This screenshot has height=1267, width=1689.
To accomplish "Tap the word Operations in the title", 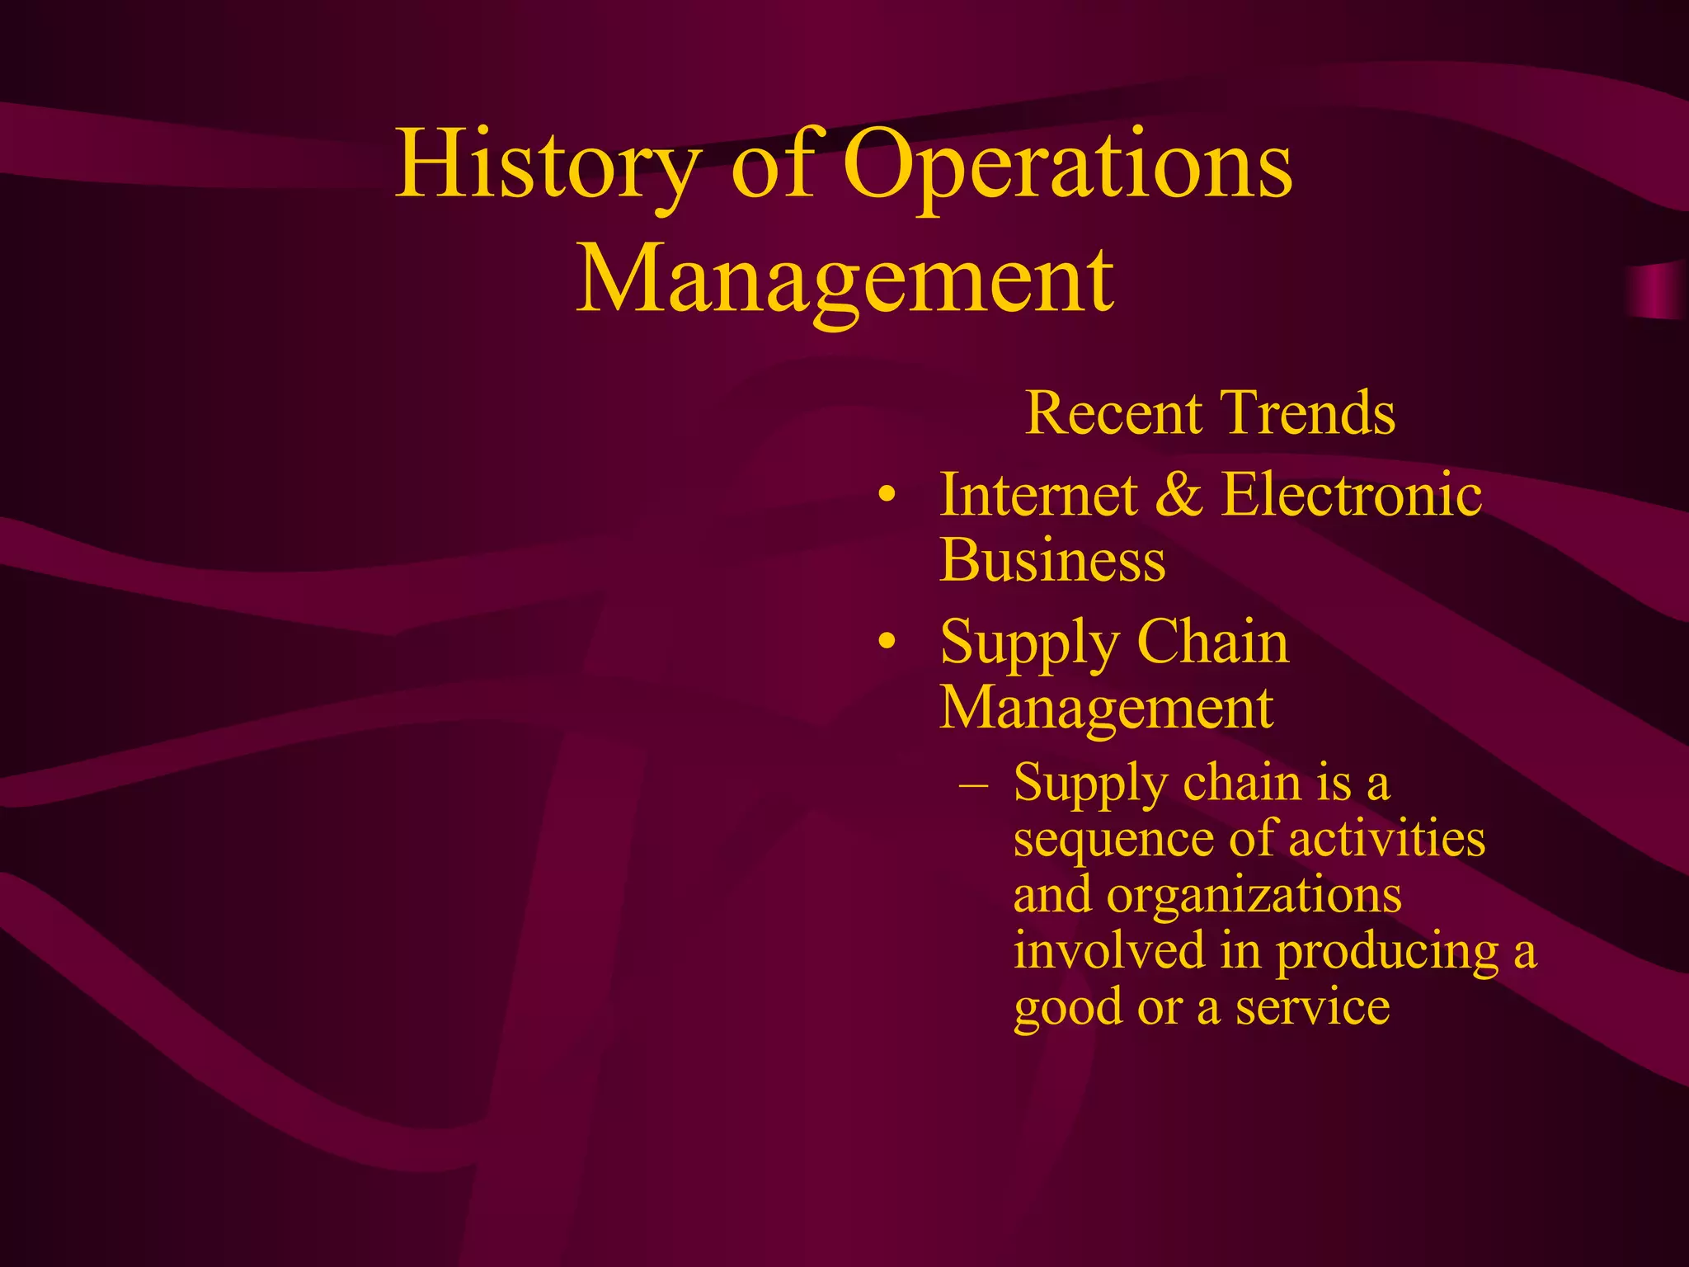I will tap(1067, 165).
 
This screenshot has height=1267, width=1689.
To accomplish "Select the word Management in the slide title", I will tap(844, 279).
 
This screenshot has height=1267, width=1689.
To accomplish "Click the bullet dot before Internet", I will tap(887, 496).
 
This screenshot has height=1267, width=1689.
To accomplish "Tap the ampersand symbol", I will tap(1179, 495).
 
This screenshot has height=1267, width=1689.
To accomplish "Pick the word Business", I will tap(1052, 560).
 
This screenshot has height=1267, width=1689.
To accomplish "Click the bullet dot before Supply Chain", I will tap(887, 642).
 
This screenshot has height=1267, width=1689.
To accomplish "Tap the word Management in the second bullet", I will tap(1106, 708).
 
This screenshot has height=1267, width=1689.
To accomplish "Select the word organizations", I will tap(1254, 896).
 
